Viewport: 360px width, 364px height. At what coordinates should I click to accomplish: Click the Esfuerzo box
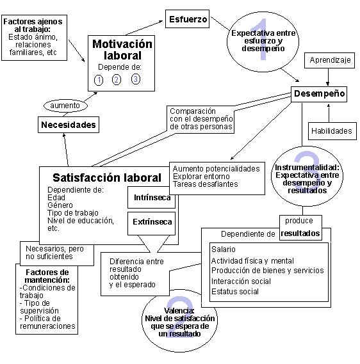click(187, 19)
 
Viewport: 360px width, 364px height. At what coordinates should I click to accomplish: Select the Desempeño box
click(319, 94)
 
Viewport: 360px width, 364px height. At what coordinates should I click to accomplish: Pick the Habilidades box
click(331, 131)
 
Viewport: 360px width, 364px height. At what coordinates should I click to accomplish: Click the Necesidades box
click(69, 125)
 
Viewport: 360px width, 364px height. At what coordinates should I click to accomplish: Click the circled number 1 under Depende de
click(99, 80)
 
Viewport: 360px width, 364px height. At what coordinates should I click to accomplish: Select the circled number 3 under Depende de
click(136, 79)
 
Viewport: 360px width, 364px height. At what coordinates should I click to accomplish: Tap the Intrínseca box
click(152, 198)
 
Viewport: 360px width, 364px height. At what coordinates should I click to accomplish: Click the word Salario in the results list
click(223, 248)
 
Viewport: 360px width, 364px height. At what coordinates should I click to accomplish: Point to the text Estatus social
click(234, 292)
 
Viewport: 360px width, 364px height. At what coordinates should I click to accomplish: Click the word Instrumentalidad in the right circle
click(305, 168)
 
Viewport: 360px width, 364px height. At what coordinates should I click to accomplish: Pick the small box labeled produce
click(299, 221)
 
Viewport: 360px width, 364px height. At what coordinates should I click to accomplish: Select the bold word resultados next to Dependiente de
click(301, 233)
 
